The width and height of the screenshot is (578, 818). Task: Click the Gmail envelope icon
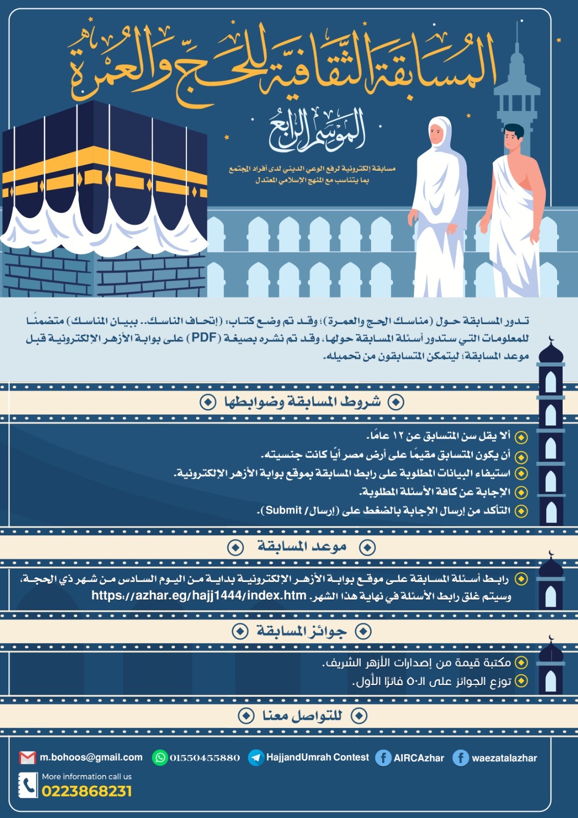click(27, 758)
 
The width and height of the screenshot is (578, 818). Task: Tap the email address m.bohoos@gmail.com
click(91, 758)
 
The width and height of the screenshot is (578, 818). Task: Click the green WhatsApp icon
click(160, 758)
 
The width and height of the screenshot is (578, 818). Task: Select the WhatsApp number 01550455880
click(205, 758)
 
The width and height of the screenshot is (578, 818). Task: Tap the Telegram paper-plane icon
click(256, 758)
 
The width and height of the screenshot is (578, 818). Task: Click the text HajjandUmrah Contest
click(317, 757)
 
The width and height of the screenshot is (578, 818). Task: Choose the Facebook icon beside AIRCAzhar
click(383, 758)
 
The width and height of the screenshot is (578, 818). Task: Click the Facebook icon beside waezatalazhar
click(460, 758)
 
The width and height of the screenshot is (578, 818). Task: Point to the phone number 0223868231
click(87, 791)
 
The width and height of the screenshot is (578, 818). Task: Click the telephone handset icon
click(28, 785)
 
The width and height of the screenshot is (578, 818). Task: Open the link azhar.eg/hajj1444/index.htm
click(199, 596)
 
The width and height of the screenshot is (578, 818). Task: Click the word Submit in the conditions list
click(284, 510)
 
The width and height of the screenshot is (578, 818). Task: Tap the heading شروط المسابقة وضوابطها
click(302, 402)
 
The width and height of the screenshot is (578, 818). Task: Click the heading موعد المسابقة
click(302, 547)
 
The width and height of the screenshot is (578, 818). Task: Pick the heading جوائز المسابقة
click(302, 631)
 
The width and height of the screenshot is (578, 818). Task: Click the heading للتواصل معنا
click(302, 716)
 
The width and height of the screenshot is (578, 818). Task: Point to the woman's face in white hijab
click(437, 134)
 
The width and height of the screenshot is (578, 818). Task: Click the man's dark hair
click(514, 131)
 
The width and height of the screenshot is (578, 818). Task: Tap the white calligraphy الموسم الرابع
click(317, 130)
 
